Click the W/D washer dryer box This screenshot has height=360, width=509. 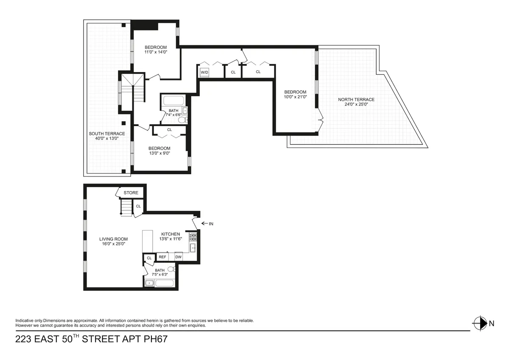204,73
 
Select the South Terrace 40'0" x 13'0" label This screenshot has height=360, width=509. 107,136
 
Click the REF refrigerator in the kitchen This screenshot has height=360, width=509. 162,257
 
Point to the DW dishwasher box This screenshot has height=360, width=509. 179,257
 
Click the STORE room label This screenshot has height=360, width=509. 131,193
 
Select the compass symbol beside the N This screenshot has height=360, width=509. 479,324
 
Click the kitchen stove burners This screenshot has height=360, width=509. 193,237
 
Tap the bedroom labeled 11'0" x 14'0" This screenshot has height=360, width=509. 156,50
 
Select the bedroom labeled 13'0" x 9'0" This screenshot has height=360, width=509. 159,151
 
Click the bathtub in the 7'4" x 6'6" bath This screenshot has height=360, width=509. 173,101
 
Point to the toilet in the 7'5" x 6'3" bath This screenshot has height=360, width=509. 171,269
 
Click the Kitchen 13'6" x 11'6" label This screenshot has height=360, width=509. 171,237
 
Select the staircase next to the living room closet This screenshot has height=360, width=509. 126,208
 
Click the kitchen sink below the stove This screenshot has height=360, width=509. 193,248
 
